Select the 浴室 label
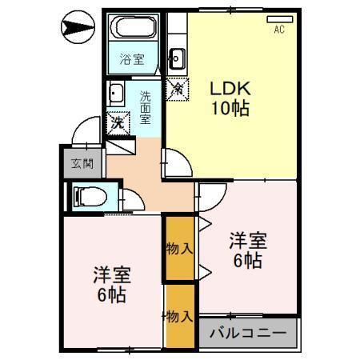(131, 58)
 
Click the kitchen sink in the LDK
(177, 58)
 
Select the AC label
(279, 30)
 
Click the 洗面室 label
(146, 106)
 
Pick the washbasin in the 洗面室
(115, 93)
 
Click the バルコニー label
(248, 333)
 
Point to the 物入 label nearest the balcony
(181, 317)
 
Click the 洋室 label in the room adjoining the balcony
(247, 240)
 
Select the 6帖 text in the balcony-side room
(247, 261)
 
